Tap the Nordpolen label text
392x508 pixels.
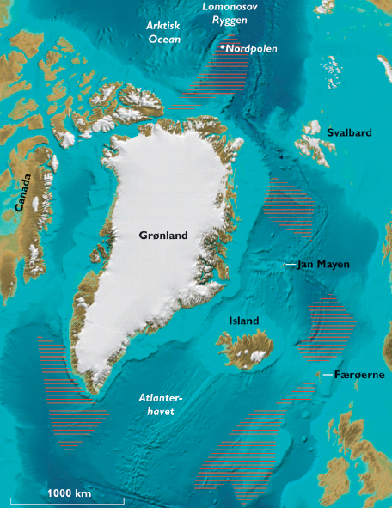pos(252,49)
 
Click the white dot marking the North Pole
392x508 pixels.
pos(222,47)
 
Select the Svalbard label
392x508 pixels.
pos(349,132)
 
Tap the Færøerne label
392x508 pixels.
pos(360,376)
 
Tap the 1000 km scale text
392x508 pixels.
pos(69,493)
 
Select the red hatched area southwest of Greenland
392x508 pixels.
pos(64,395)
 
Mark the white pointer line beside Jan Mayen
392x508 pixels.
pos(291,264)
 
